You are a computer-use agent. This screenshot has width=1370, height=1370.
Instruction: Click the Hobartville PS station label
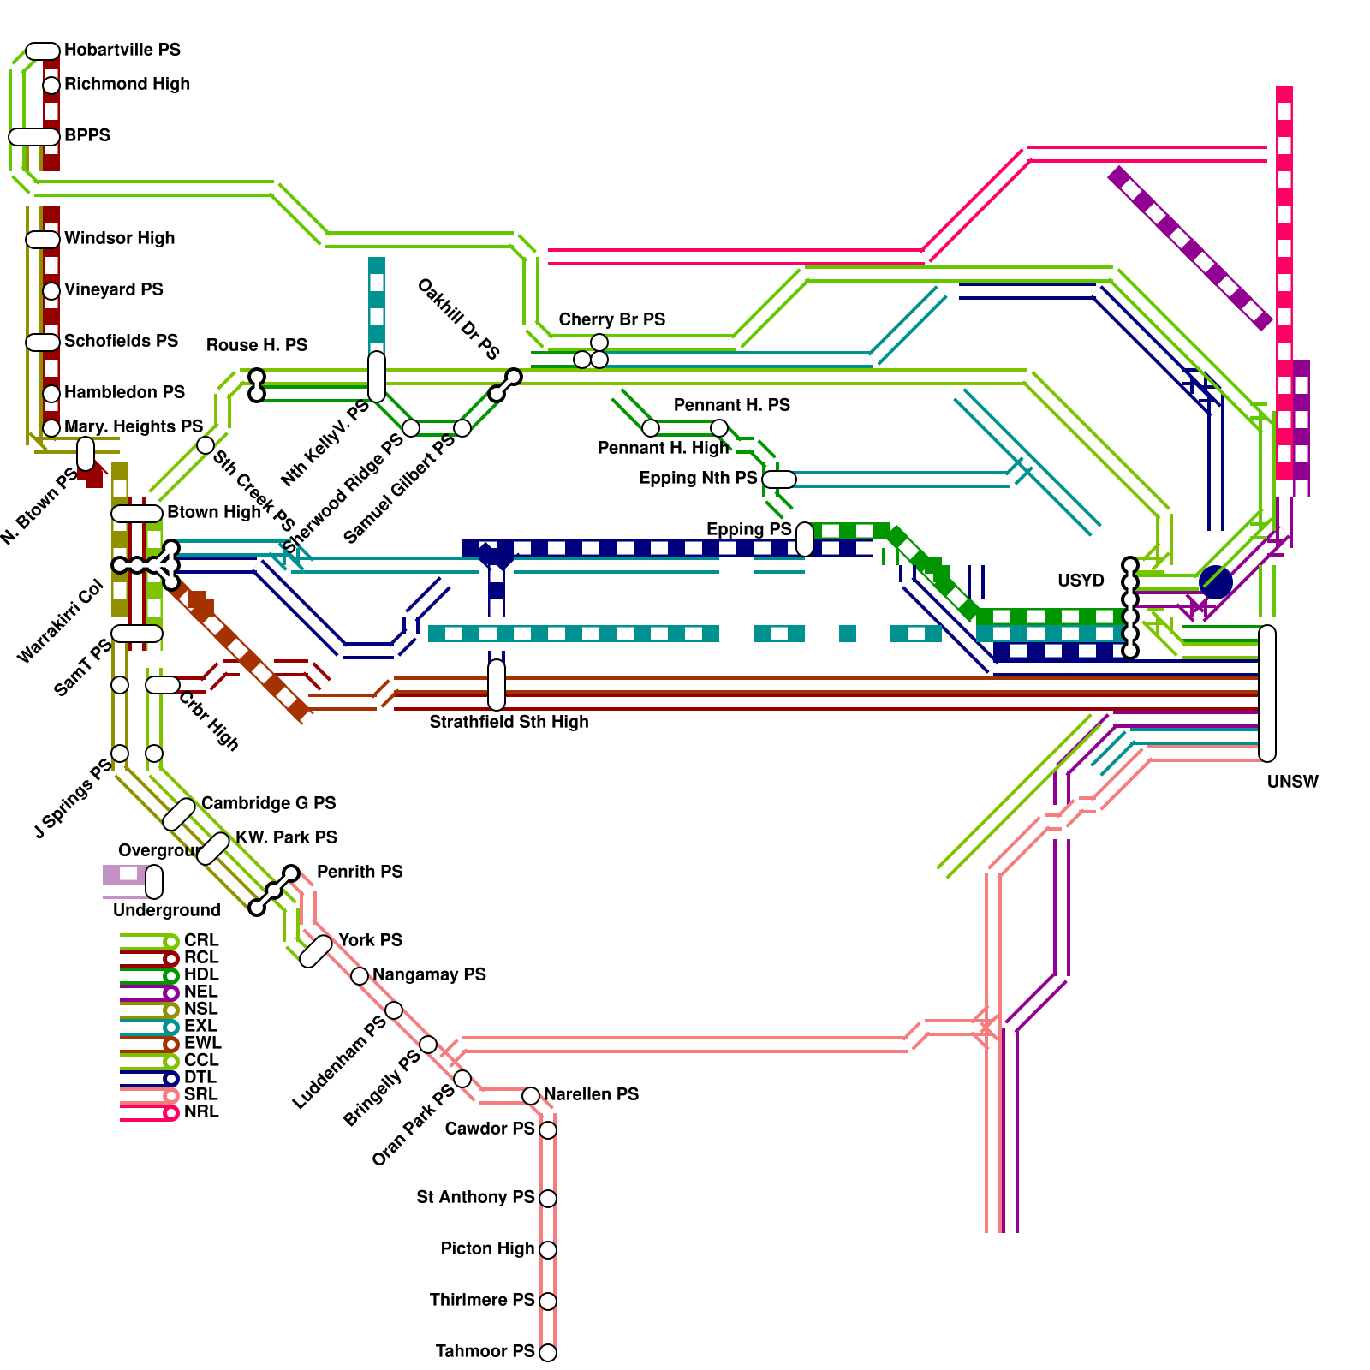click(122, 50)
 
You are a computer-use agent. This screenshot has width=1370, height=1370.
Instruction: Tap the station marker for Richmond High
click(51, 85)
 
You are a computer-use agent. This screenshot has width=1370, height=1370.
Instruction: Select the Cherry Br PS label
click(611, 319)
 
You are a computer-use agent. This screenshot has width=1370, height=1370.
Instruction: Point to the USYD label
click(1081, 581)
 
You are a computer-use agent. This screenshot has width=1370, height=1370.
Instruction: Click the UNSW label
click(1292, 782)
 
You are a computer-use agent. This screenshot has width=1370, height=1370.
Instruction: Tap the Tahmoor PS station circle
click(548, 1353)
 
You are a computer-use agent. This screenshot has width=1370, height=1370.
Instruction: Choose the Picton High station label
click(487, 1248)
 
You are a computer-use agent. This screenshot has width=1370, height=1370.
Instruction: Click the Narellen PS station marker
click(531, 1096)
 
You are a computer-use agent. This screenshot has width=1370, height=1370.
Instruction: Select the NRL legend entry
click(201, 1111)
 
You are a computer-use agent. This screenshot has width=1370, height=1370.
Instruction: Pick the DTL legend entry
click(200, 1077)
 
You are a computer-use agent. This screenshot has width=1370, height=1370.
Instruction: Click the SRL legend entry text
click(201, 1094)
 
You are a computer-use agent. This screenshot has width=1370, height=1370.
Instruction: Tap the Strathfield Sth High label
click(509, 722)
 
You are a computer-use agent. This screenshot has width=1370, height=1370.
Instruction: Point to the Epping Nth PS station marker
click(779, 479)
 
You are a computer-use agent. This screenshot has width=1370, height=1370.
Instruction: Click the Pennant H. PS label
click(731, 405)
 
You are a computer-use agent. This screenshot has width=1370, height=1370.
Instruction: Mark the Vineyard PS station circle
click(51, 291)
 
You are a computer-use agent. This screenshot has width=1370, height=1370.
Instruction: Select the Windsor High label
click(119, 238)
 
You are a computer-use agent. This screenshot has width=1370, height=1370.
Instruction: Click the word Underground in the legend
click(166, 910)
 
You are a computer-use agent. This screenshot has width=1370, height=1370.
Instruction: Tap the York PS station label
click(370, 940)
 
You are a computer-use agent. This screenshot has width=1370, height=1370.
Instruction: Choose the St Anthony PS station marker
click(548, 1199)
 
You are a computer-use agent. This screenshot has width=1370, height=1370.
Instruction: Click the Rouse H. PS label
click(256, 345)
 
